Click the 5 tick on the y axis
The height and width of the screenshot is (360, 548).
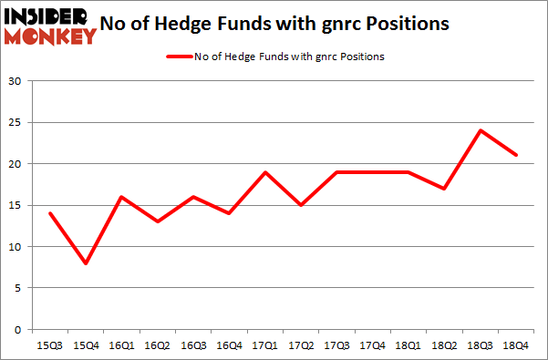tap(17, 288)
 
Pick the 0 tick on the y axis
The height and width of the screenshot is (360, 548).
tap(17, 329)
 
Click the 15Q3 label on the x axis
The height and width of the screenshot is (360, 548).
tap(49, 345)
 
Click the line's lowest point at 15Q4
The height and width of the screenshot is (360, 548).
tap(85, 263)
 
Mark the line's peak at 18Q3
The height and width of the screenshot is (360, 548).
tap(481, 130)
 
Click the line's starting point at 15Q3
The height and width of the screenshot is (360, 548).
tap(49, 213)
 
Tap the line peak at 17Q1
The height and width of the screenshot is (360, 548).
tap(264, 172)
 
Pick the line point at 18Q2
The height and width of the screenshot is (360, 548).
tap(444, 189)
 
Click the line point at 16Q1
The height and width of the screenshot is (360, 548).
tap(120, 197)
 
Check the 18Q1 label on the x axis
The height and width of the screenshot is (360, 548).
tap(408, 345)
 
